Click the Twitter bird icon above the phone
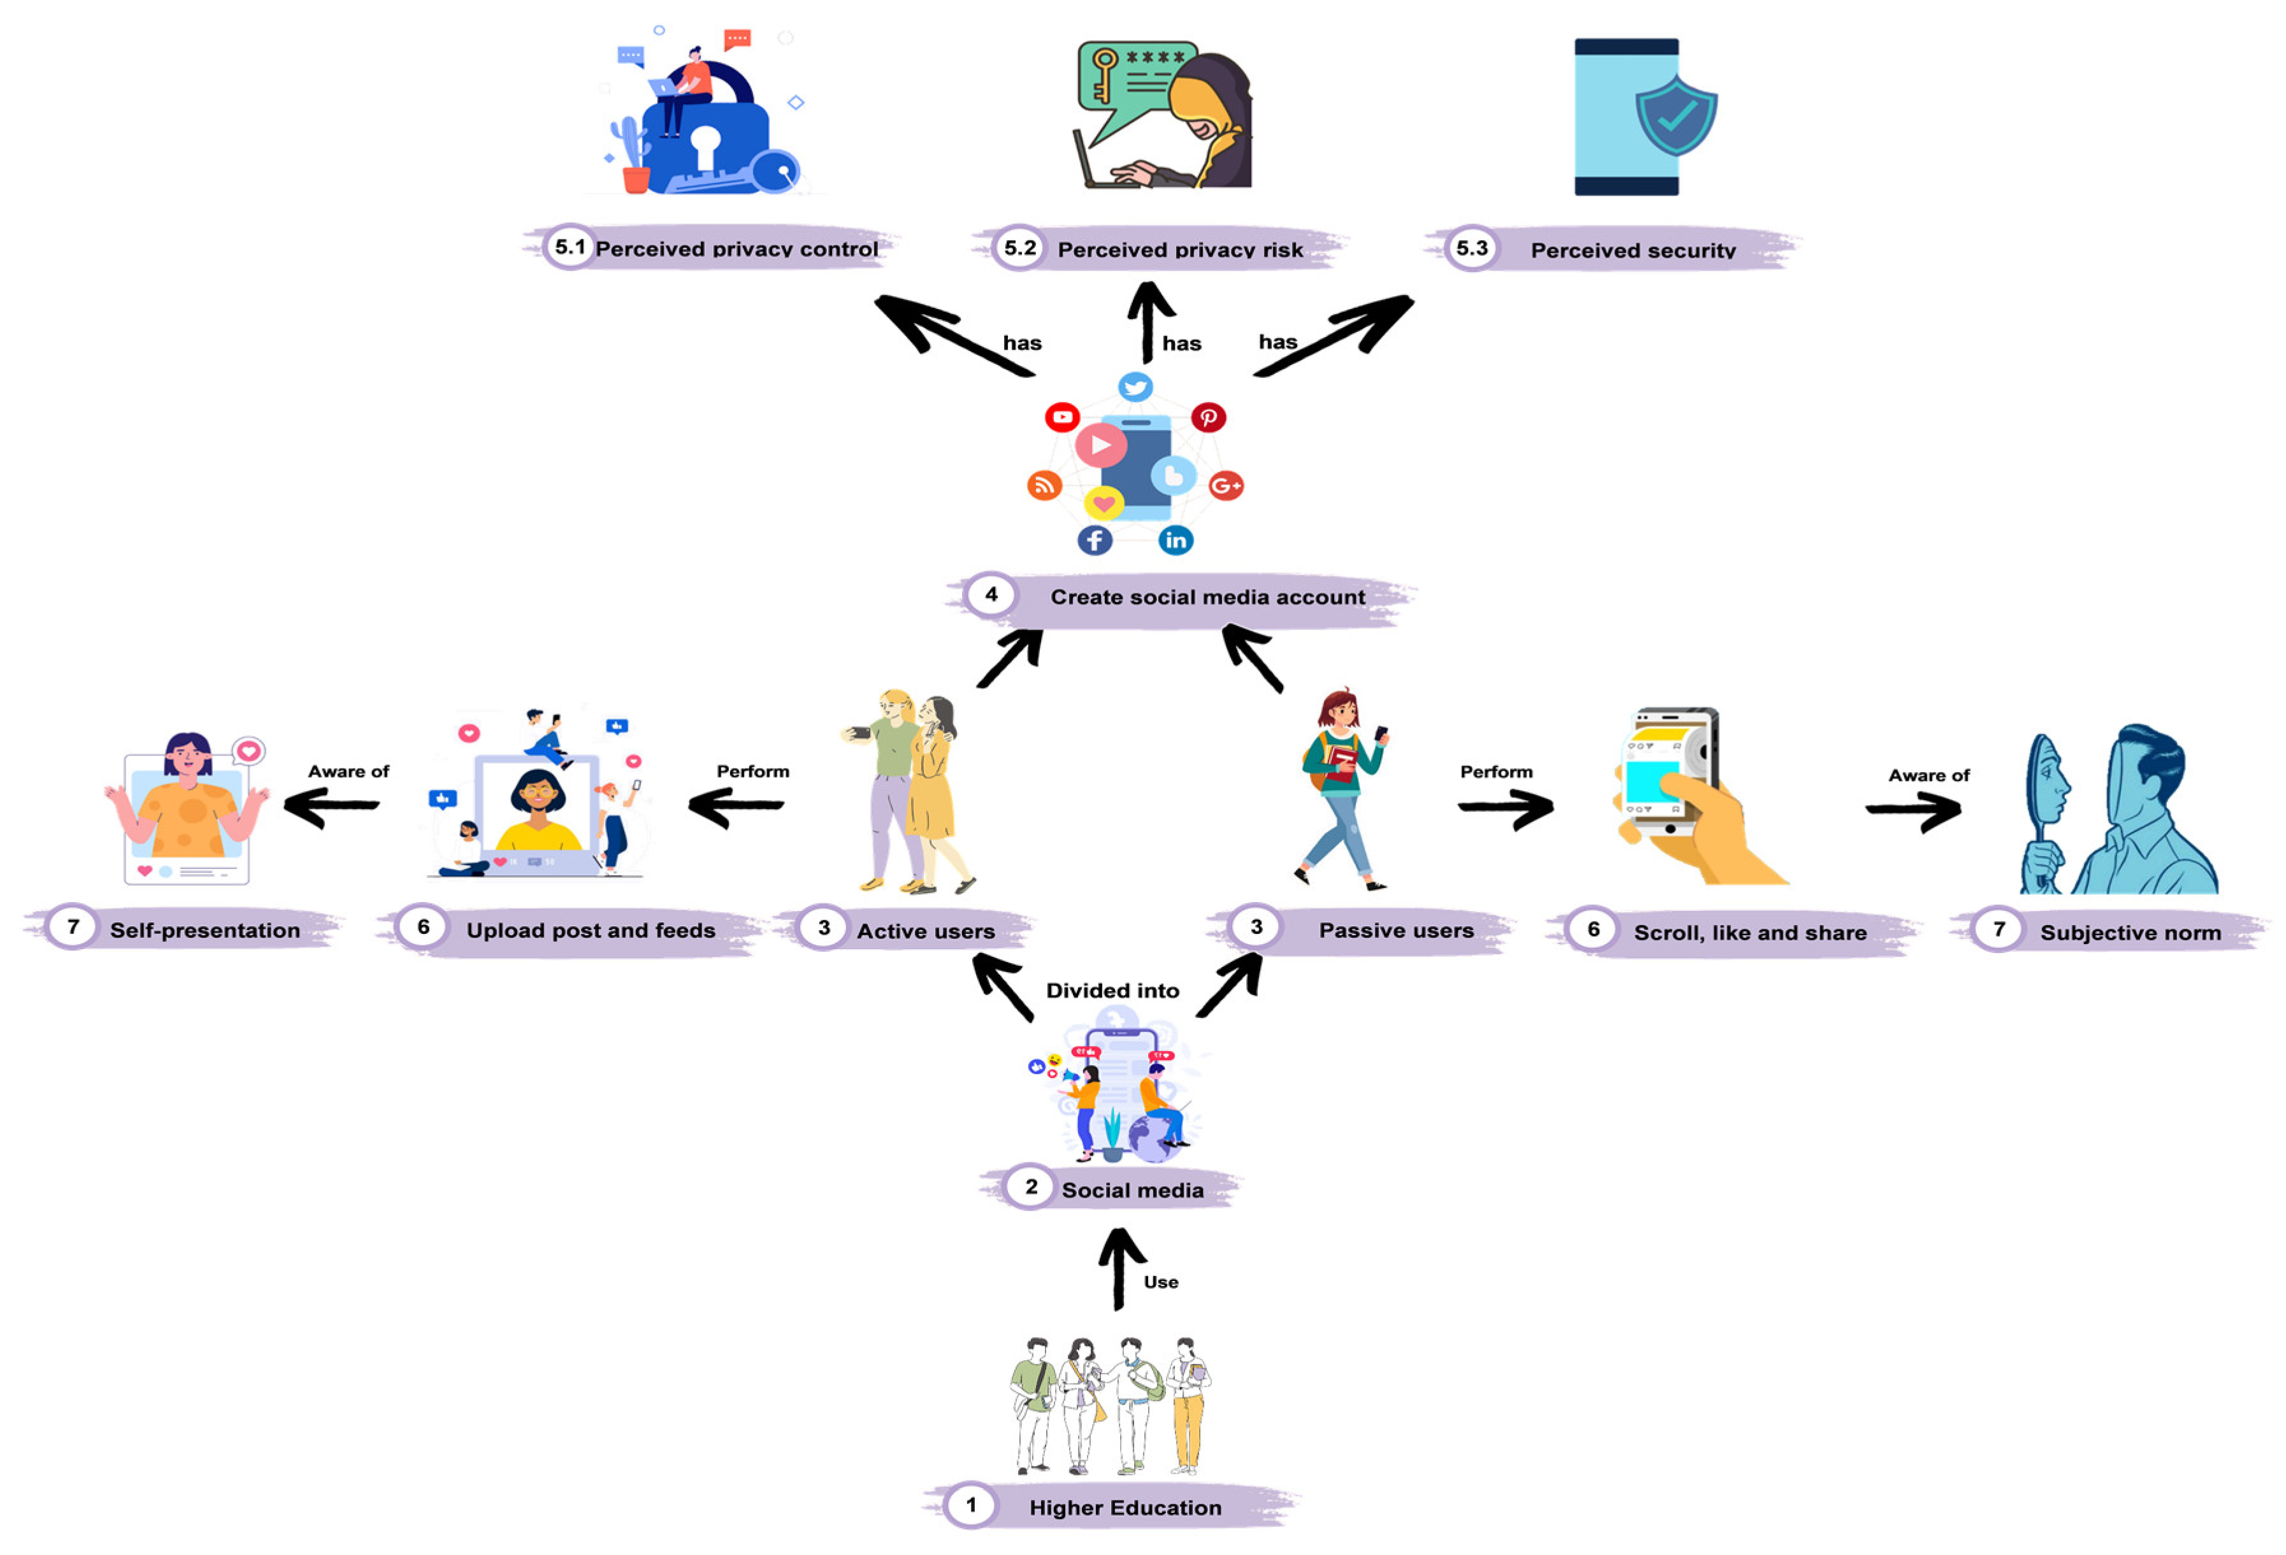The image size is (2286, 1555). pyautogui.click(x=1135, y=387)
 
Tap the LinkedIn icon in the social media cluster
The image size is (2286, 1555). pyautogui.click(x=1175, y=540)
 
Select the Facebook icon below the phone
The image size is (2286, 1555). pyautogui.click(x=1094, y=540)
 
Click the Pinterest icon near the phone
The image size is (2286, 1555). pyautogui.click(x=1208, y=417)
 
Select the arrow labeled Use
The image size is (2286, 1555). pyautogui.click(x=1118, y=1269)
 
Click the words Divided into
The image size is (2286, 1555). pyautogui.click(x=1112, y=991)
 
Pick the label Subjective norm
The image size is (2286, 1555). pyautogui.click(x=2130, y=933)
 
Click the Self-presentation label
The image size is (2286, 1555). pyautogui.click(x=205, y=931)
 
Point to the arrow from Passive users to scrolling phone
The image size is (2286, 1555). pyautogui.click(x=1505, y=808)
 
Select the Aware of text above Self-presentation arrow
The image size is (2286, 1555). pyautogui.click(x=349, y=771)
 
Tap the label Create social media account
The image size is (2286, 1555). pyautogui.click(x=1207, y=597)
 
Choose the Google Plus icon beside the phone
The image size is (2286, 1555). pyautogui.click(x=1226, y=485)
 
